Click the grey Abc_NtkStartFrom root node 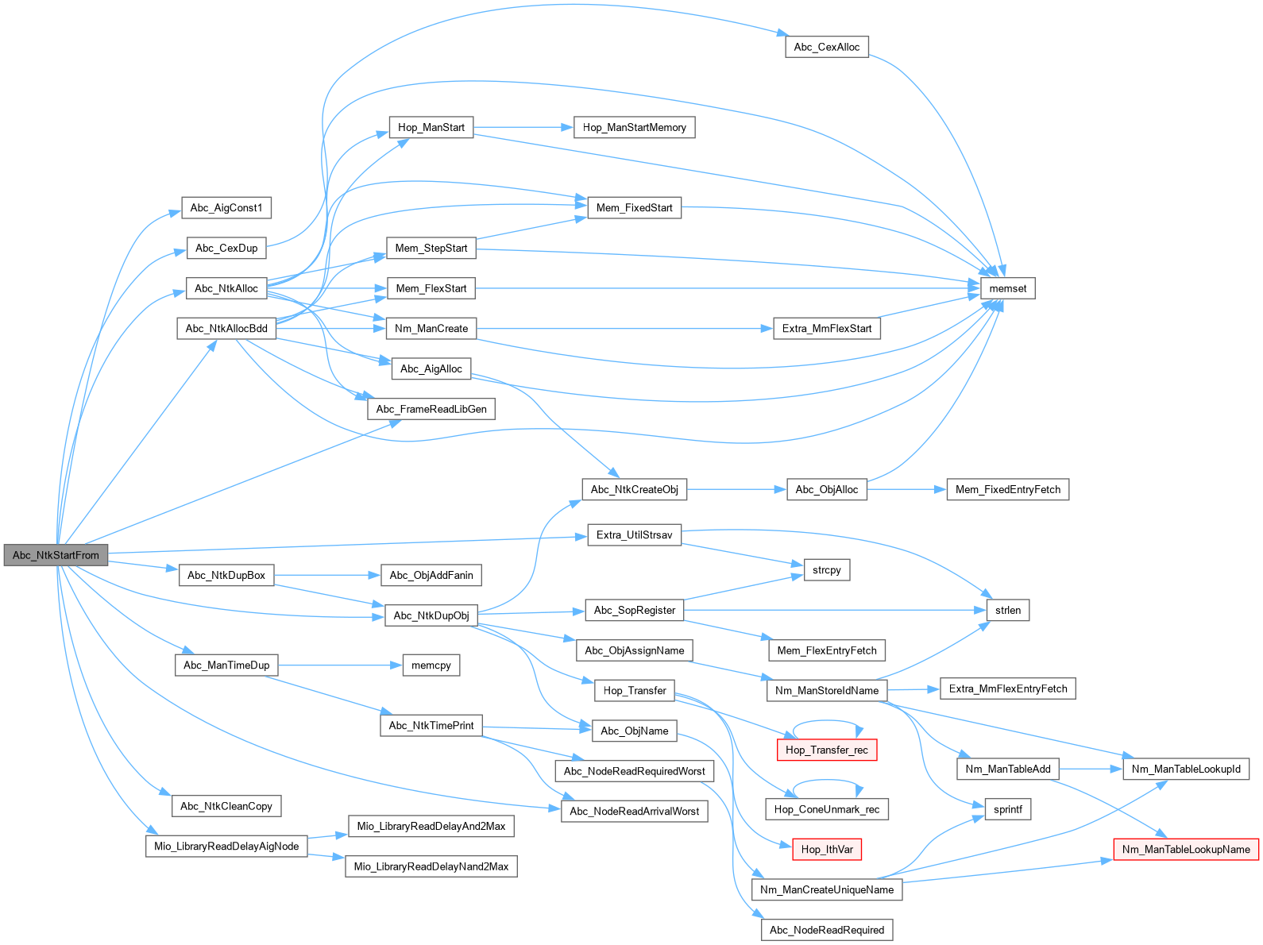point(56,555)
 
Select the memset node point(1007,288)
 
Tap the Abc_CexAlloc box point(826,47)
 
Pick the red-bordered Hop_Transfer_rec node point(826,750)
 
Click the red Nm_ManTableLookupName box point(1185,850)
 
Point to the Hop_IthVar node point(826,850)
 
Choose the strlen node point(1007,610)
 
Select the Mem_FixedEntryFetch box point(1007,489)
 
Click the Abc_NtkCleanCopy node point(226,806)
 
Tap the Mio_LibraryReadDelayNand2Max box point(431,866)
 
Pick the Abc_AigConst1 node point(226,208)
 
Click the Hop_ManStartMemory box point(634,127)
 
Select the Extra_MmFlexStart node point(826,328)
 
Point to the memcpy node point(431,665)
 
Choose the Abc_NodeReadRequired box point(826,930)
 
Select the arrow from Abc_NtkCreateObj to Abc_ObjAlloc point(736,489)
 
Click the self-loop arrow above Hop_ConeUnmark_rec point(826,781)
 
